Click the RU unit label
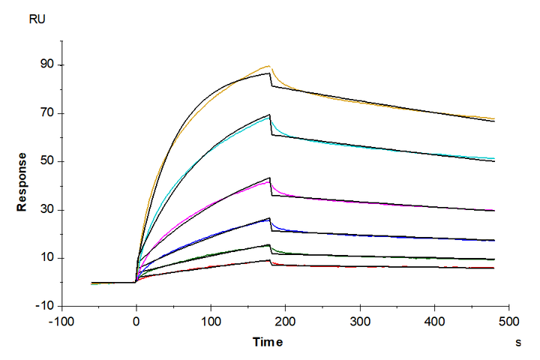coord(37,19)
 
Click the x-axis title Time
coord(268,342)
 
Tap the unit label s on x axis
coord(518,342)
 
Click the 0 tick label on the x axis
coord(136,322)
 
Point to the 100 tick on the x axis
coord(211,322)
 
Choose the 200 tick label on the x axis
coord(286,322)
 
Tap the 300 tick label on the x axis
coord(360,322)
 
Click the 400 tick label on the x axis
coord(435,322)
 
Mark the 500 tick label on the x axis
coord(509,322)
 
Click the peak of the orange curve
coord(268,66)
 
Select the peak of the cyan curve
coord(269,118)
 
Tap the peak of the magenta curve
coord(269,181)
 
